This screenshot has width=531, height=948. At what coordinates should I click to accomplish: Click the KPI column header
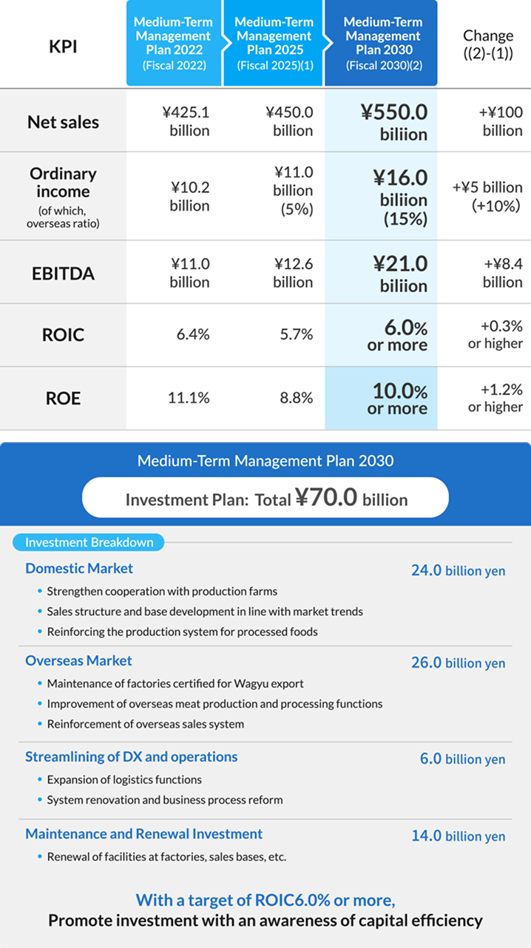tap(63, 46)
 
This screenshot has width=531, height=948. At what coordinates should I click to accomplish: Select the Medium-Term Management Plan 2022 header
tap(172, 43)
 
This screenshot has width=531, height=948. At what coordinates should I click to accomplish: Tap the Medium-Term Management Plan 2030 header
tap(382, 43)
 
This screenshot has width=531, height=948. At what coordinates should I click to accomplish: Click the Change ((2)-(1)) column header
tap(487, 44)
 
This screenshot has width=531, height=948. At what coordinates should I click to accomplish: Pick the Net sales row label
tap(63, 122)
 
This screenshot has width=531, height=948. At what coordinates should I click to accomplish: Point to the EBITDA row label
tap(63, 274)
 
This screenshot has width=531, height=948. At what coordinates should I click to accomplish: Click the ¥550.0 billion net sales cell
tap(393, 122)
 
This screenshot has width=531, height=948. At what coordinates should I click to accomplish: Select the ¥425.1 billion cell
tap(186, 122)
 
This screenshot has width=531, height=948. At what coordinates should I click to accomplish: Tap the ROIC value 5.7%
tap(296, 335)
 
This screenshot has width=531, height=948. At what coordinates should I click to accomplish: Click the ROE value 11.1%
tap(189, 398)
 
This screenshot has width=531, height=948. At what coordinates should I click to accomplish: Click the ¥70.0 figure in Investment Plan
tap(326, 498)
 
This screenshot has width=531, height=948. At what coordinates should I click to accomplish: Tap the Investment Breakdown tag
tap(89, 543)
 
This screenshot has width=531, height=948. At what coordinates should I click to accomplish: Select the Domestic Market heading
tap(79, 569)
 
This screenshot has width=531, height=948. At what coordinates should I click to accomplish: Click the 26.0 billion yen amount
tap(458, 663)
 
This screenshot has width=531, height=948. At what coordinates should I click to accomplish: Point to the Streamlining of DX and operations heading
tap(132, 757)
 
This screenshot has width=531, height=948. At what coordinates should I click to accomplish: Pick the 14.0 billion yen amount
tap(458, 836)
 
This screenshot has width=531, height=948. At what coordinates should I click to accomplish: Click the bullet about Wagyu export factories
tap(175, 684)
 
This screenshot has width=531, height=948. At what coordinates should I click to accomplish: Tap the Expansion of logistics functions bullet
tap(124, 780)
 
